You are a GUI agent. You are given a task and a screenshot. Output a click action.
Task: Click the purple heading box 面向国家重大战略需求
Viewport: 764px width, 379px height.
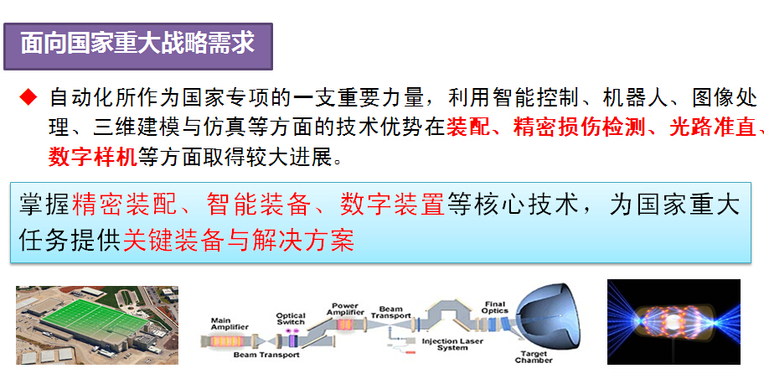pyautogui.click(x=138, y=46)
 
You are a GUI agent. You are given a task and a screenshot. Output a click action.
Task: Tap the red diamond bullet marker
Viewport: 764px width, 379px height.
pyautogui.click(x=28, y=98)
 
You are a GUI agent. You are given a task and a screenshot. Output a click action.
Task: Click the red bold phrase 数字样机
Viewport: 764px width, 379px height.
pyautogui.click(x=93, y=157)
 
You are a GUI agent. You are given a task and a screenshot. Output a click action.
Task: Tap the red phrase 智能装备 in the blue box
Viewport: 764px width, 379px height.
pyautogui.click(x=258, y=204)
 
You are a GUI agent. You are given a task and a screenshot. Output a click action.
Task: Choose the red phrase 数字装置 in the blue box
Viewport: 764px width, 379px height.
pyautogui.click(x=393, y=204)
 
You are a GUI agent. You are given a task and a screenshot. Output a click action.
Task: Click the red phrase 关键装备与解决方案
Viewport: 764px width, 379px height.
pyautogui.click(x=239, y=240)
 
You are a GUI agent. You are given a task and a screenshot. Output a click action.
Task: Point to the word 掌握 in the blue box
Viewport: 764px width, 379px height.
pyautogui.click(x=45, y=204)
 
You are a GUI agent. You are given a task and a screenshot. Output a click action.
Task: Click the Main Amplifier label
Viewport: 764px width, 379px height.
pyautogui.click(x=230, y=324)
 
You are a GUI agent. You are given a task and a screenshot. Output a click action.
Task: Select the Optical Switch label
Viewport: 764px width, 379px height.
pyautogui.click(x=291, y=319)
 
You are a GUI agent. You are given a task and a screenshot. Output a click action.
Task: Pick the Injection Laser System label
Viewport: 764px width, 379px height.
pyautogui.click(x=452, y=344)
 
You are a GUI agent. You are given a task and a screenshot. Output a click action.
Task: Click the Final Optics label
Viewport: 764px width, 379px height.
pyautogui.click(x=495, y=307)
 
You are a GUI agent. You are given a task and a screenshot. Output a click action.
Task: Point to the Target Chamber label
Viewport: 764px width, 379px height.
pyautogui.click(x=534, y=356)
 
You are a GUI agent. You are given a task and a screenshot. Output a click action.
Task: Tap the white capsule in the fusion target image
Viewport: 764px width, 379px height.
pyautogui.click(x=674, y=322)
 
